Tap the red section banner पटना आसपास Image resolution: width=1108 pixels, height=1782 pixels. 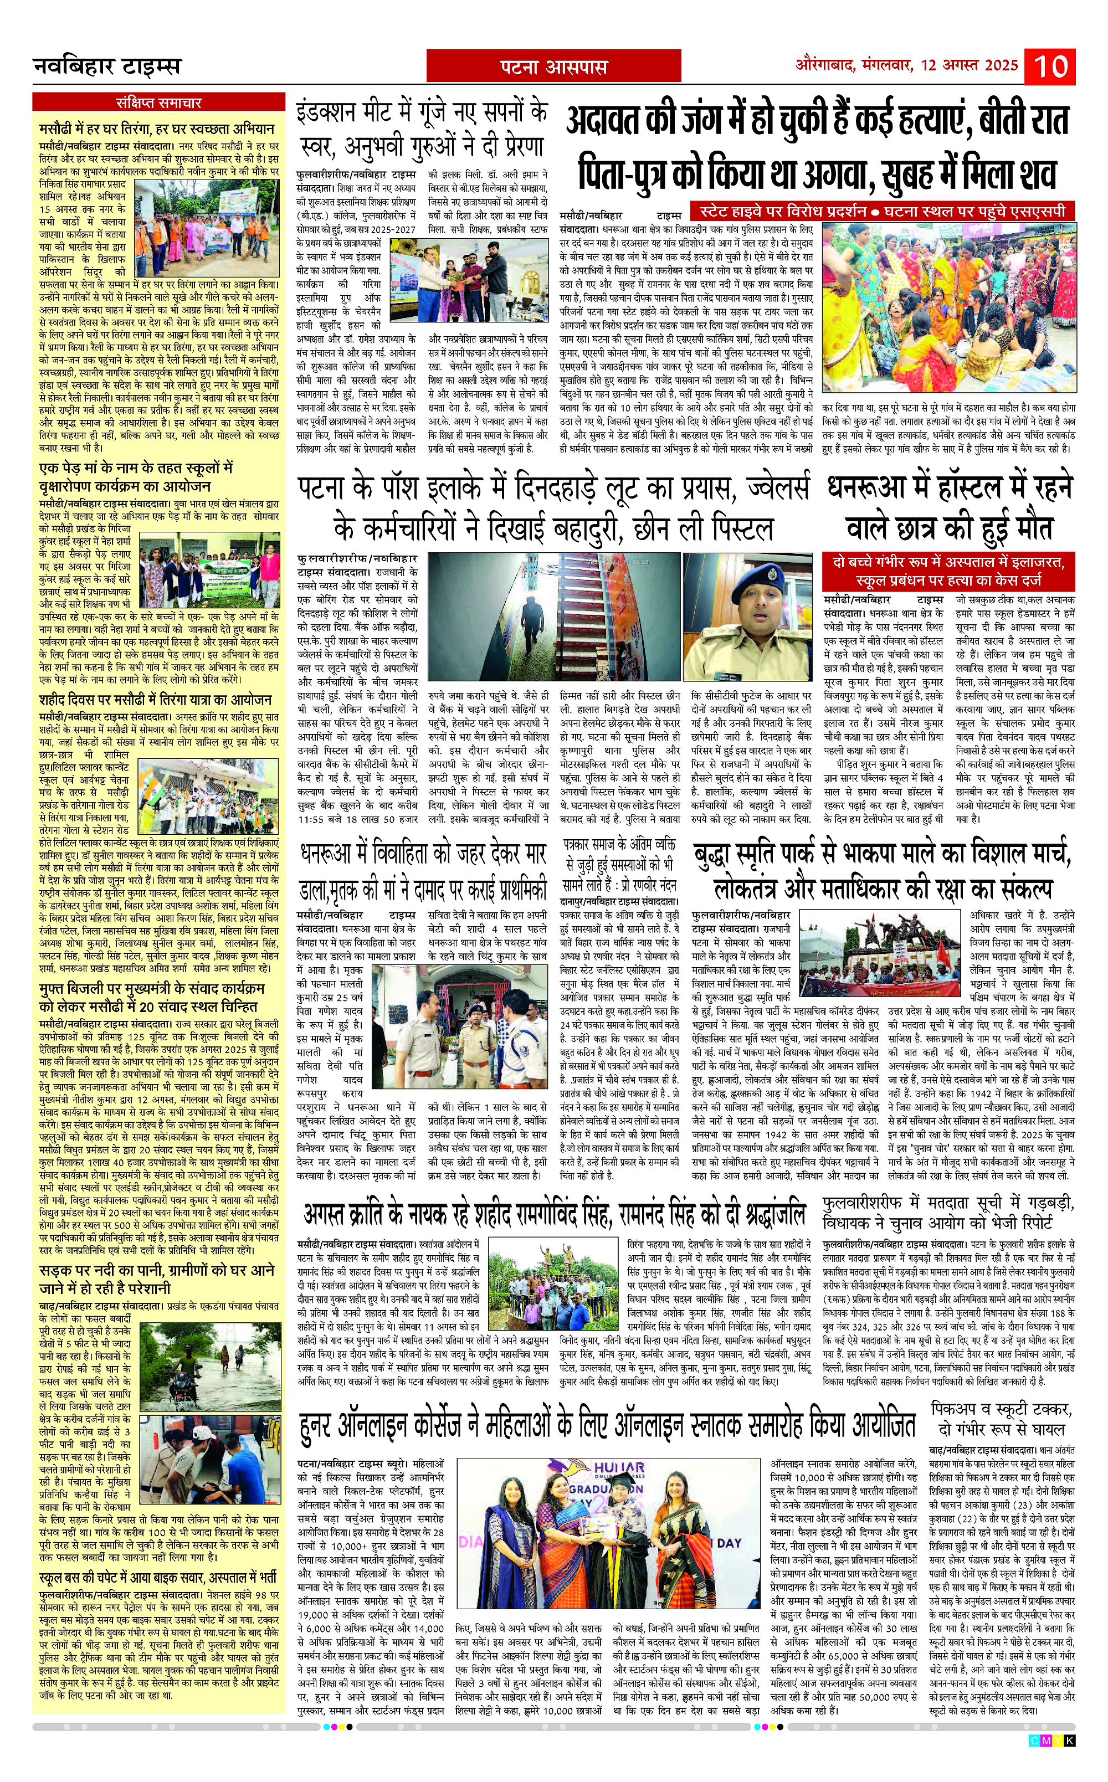[x=553, y=68]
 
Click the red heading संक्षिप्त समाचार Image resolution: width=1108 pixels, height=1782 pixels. [x=158, y=102]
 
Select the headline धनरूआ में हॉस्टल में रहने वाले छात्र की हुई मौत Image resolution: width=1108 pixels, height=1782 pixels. [x=950, y=507]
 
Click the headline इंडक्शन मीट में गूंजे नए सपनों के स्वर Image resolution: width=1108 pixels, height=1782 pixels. [x=422, y=129]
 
